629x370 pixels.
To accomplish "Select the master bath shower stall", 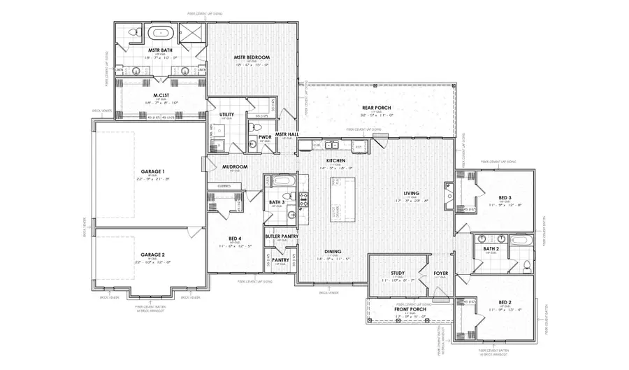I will (x=191, y=33).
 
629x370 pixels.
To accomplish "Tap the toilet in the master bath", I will (x=137, y=31).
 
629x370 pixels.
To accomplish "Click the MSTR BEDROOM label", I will (x=252, y=57).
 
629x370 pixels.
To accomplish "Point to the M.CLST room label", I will (x=161, y=96).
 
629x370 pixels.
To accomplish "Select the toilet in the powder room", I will (x=252, y=144).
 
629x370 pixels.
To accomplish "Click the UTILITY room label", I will (x=226, y=114).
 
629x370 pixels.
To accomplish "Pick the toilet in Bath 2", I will (x=526, y=264).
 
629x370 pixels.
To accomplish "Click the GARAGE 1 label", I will (x=152, y=171).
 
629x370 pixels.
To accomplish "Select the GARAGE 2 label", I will (x=152, y=255).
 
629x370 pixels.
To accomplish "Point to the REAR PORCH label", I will (x=378, y=108).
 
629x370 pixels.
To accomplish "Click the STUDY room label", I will (x=398, y=273).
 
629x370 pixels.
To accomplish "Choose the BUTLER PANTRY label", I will (x=280, y=236).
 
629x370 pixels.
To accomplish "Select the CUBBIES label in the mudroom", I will (x=224, y=186).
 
